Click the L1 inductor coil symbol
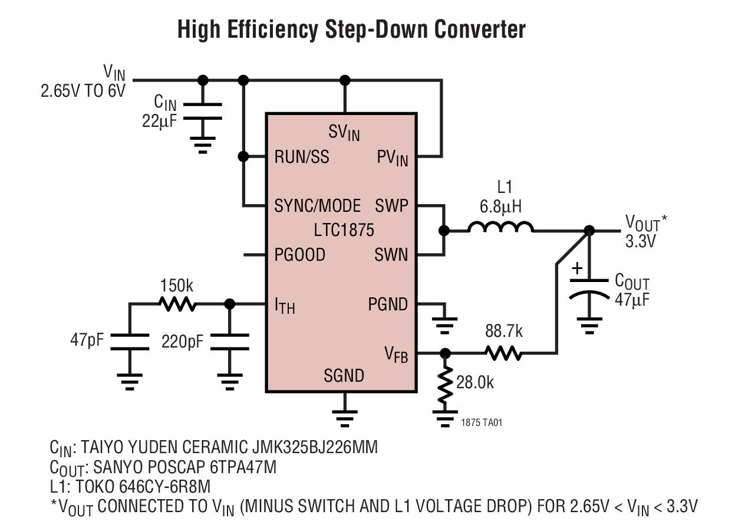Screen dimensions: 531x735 (500, 228)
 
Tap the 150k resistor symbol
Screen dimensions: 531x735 (176, 304)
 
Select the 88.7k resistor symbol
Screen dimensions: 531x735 (503, 353)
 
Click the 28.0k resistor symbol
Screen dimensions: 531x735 (446, 387)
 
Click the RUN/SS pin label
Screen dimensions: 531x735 (302, 158)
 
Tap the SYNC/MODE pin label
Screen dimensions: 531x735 (317, 206)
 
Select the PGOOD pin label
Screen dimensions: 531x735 (299, 255)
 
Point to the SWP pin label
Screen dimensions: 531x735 (391, 206)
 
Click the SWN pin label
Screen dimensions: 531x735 (391, 255)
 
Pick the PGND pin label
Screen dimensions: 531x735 (388, 304)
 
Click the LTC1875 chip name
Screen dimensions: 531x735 (344, 230)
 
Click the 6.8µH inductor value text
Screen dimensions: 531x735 (501, 206)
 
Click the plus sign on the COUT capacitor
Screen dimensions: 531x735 (578, 268)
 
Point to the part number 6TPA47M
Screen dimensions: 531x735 (243, 467)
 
